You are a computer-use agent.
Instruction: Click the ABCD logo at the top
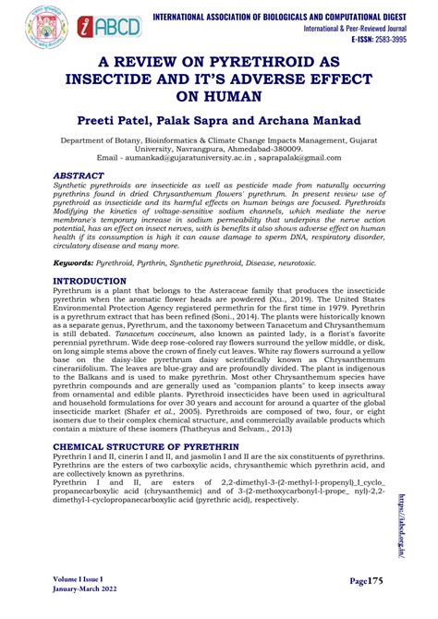tap(110, 26)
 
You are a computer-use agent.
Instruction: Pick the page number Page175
tap(374, 583)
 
